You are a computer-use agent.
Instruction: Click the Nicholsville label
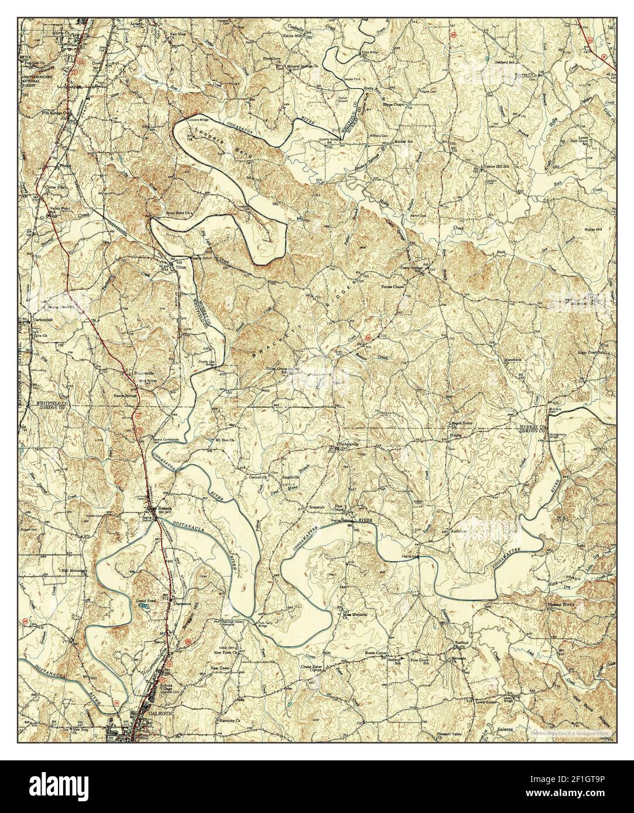[x=348, y=444]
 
